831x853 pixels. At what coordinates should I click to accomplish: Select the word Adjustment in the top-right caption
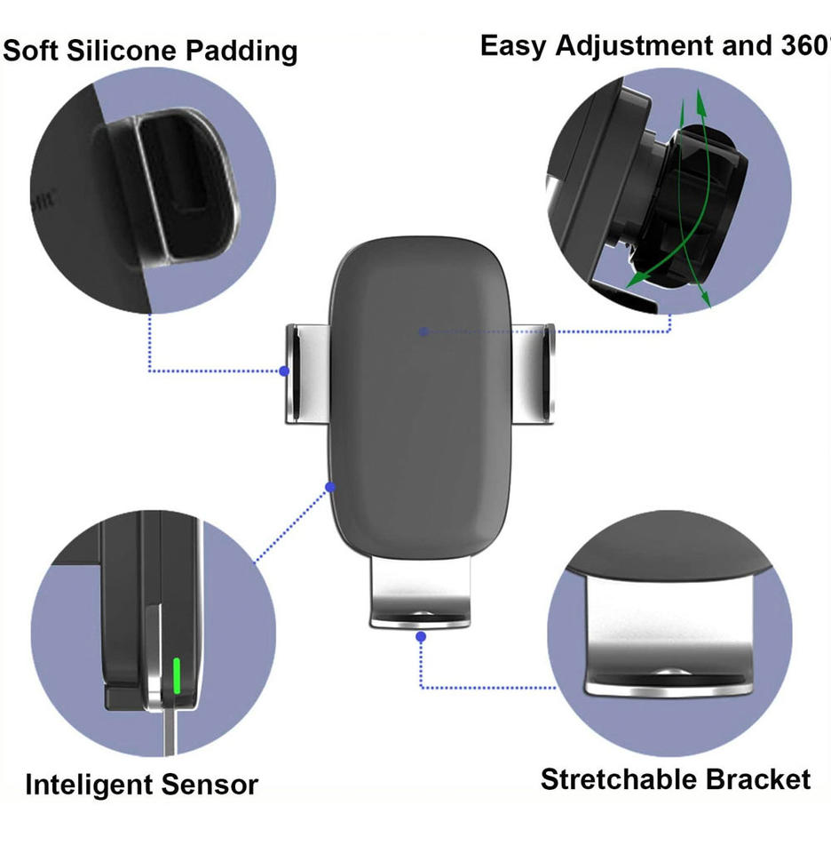632,46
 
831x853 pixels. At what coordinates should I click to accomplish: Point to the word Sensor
210,785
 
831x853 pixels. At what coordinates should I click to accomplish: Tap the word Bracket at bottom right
757,780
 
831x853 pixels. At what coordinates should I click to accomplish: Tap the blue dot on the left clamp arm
284,371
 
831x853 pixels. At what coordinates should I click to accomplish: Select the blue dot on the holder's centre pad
424,331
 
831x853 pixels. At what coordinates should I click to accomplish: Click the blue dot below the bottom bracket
421,636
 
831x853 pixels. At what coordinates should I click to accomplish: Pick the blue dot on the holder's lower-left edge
330,487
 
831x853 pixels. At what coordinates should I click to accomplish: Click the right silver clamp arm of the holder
537,373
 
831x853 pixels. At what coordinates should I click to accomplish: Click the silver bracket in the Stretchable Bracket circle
666,640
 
